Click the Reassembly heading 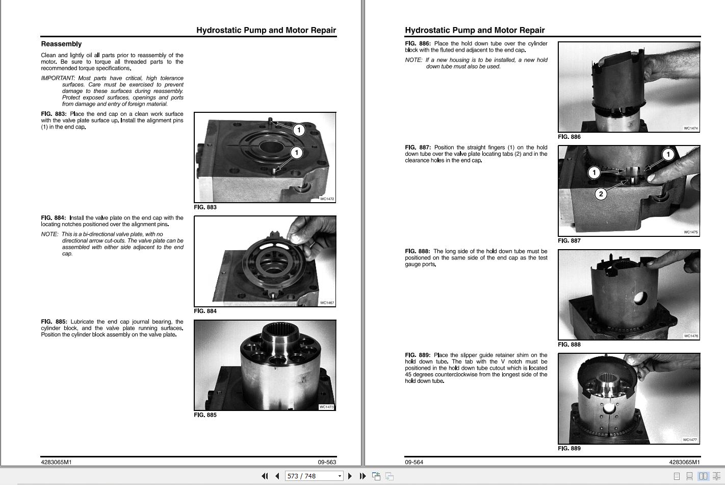click(61, 44)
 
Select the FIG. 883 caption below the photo click(205, 207)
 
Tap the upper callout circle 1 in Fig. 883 click(299, 130)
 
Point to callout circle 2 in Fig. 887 click(601, 194)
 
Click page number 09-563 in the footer click(327, 462)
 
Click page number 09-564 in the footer click(414, 462)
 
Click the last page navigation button click(363, 476)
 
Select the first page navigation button click(265, 476)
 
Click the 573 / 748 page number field click(314, 476)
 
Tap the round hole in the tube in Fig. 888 click(640, 298)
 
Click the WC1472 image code click(327, 199)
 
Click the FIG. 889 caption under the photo click(569, 448)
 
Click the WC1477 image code click(690, 440)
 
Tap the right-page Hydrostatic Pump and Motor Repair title click(475, 30)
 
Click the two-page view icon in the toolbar click(703, 476)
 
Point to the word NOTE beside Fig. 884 click(49, 234)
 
